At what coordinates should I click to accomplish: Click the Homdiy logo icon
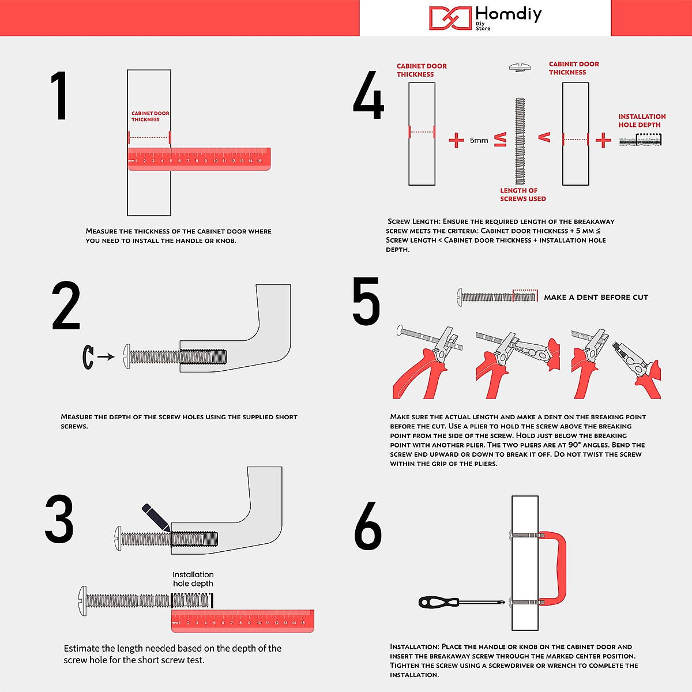coord(450,18)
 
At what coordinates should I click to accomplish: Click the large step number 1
coord(59,96)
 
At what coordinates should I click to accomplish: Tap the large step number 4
coord(368,95)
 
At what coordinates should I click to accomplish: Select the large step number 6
coord(368,525)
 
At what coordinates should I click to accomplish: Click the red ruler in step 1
coord(199,159)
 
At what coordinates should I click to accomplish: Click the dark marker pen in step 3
coord(156,517)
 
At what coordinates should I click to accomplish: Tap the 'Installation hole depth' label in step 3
coord(193,579)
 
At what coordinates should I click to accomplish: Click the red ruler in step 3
coord(243,621)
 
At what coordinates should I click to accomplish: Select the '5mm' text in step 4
coord(479,140)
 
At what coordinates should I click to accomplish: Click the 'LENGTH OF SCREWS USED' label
coord(523,195)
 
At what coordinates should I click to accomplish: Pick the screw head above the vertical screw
coord(520,67)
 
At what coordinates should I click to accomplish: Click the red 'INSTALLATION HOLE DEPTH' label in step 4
coord(642,121)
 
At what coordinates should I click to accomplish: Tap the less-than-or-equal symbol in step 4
coord(500,140)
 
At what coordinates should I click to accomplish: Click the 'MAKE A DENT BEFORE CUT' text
coord(596,298)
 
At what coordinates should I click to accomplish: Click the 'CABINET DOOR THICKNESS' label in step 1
coord(150,116)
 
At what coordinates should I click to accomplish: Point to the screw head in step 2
coord(126,356)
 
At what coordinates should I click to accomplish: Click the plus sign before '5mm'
coord(456,140)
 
